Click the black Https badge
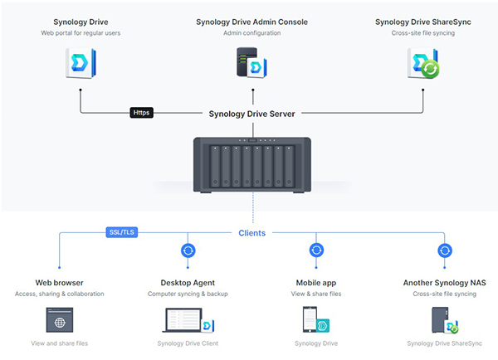(142, 113)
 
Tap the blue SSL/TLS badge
(121, 232)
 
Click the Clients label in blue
(251, 233)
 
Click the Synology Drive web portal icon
(81, 63)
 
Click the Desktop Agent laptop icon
(188, 321)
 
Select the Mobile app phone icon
(316, 321)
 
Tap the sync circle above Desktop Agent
(188, 250)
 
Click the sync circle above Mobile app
(315, 250)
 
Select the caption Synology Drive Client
(188, 343)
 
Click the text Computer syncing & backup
(188, 294)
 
